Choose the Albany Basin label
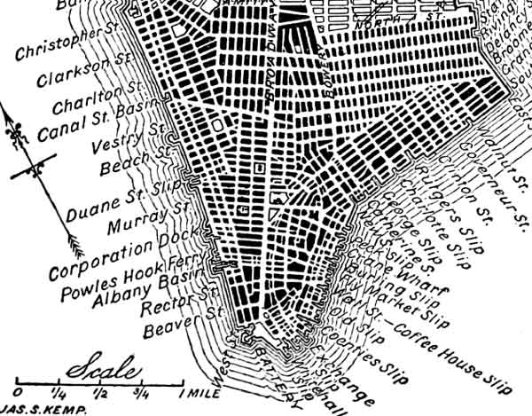click(x=145, y=292)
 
